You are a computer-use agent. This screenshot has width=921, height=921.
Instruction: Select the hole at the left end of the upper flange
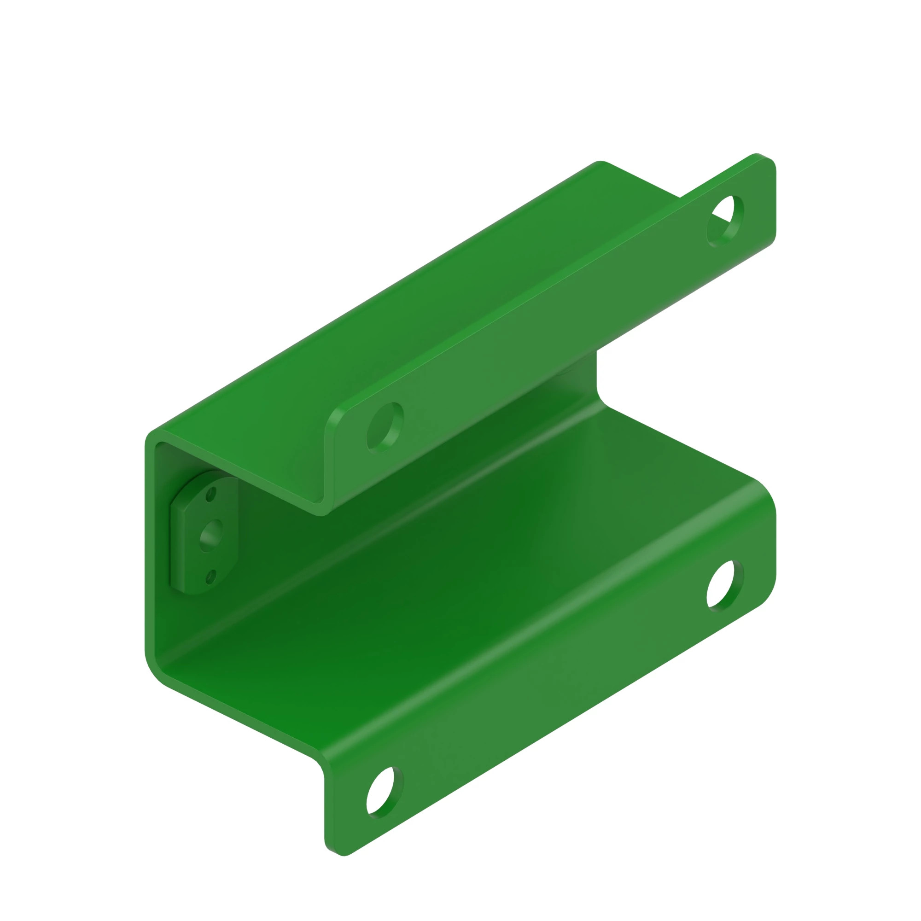385,428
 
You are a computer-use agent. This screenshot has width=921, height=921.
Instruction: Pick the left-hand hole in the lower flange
385,792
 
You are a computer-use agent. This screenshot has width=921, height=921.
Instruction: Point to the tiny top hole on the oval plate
211,494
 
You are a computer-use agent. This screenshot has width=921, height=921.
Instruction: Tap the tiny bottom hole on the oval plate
211,577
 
